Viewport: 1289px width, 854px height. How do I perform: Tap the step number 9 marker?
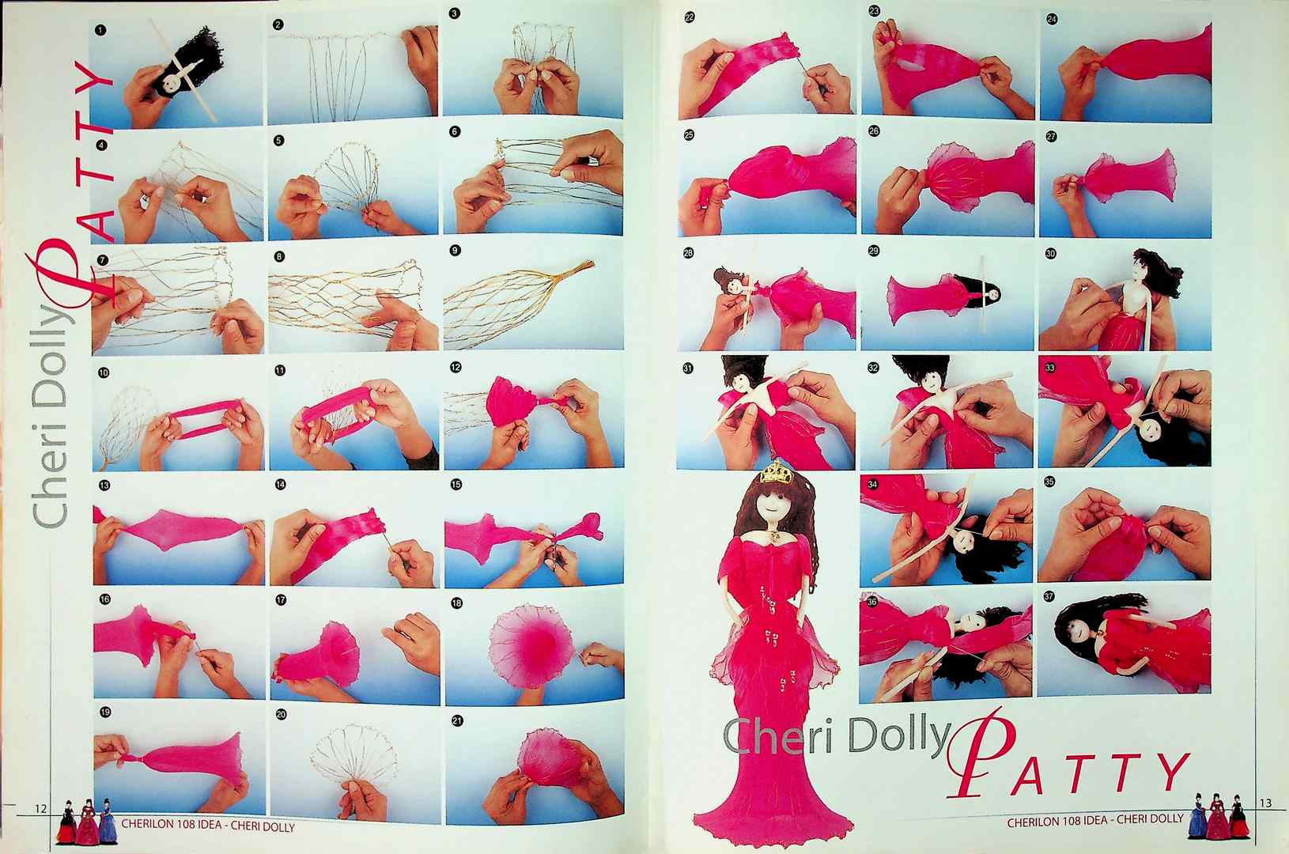(455, 251)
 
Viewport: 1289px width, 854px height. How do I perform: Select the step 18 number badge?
(456, 603)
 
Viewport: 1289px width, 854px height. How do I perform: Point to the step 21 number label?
(456, 720)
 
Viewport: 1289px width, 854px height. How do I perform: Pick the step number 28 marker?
(689, 253)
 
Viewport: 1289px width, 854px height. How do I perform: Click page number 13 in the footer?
(1264, 803)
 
